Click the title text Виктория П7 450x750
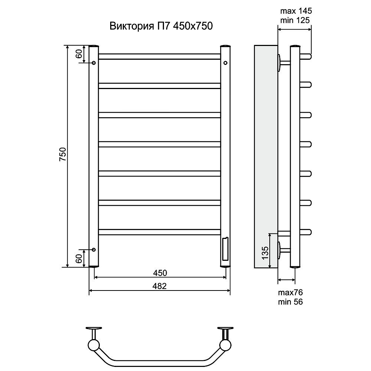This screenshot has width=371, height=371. pyautogui.click(x=161, y=26)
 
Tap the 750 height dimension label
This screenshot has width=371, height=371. pyautogui.click(x=63, y=154)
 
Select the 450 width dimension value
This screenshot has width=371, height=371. pyautogui.click(x=160, y=273)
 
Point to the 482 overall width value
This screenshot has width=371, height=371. pyautogui.click(x=160, y=286)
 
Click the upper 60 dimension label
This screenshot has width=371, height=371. pyautogui.click(x=79, y=54)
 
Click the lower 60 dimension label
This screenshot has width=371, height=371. pyautogui.click(x=79, y=258)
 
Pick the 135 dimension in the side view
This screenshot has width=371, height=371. pyautogui.click(x=265, y=253)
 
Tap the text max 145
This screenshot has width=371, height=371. pyautogui.click(x=296, y=11)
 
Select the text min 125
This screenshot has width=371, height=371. pyautogui.click(x=295, y=20)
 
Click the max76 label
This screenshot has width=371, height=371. pyautogui.click(x=290, y=292)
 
